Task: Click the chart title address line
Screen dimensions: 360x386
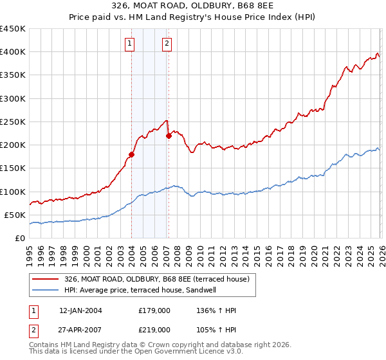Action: tap(192, 6)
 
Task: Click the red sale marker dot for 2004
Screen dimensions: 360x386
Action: tap(131, 154)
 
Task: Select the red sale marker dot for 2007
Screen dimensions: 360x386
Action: tap(169, 136)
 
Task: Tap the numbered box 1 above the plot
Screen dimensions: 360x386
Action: tap(130, 44)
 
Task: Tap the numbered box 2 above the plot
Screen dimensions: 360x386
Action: tap(167, 44)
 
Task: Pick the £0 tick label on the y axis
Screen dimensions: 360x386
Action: tap(19, 238)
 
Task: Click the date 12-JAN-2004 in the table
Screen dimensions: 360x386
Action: tap(80, 310)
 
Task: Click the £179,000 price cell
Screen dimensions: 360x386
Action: tap(154, 310)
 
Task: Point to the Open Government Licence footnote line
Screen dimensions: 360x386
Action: tap(135, 352)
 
